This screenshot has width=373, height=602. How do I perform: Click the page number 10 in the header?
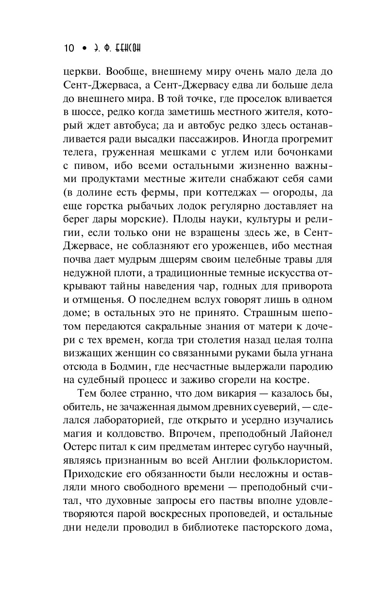[x=68, y=49]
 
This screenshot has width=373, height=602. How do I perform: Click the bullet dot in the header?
[x=84, y=49]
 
